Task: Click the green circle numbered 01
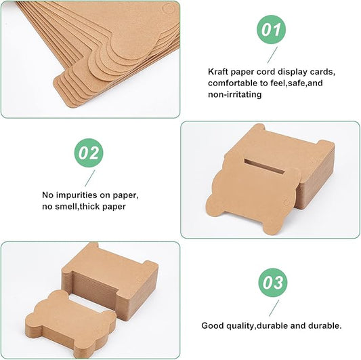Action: click(271, 30)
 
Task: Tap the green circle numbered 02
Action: click(89, 153)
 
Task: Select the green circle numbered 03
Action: click(273, 283)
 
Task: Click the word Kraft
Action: click(218, 72)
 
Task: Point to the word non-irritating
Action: click(234, 94)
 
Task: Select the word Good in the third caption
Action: click(213, 325)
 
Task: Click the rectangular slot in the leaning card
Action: click(265, 166)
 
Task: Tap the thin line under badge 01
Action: click(272, 55)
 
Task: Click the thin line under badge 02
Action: click(90, 178)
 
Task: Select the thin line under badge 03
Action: click(274, 308)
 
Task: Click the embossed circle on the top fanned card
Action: click(169, 8)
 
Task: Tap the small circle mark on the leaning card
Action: click(286, 203)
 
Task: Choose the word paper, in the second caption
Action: click(125, 195)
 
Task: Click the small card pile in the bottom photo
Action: click(71, 323)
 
